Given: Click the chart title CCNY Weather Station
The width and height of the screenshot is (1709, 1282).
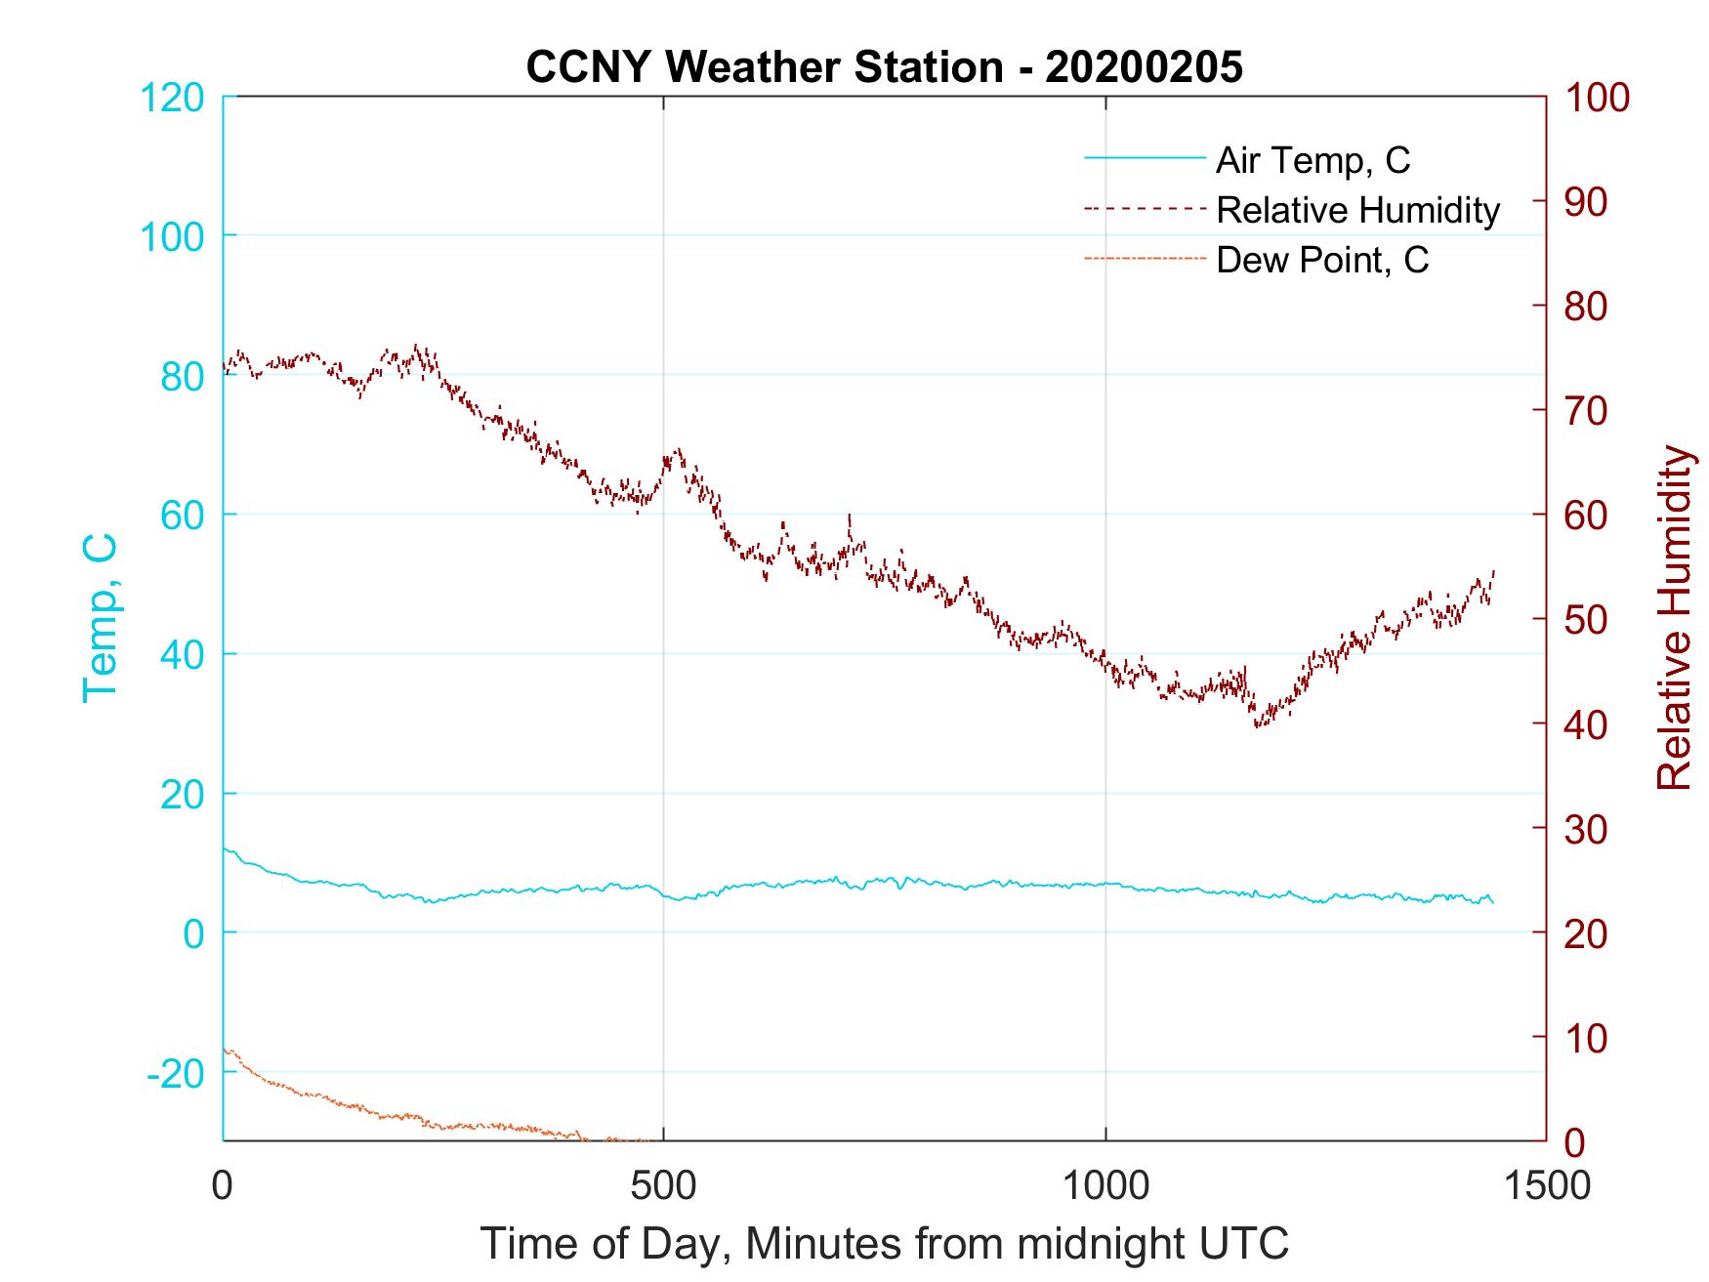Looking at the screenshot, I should (x=884, y=67).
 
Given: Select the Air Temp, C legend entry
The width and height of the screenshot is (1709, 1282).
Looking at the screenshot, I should (x=1312, y=160).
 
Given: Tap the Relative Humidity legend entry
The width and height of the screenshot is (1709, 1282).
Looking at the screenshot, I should (x=1356, y=210).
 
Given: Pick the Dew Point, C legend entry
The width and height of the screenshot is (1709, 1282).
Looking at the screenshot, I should (x=1321, y=261).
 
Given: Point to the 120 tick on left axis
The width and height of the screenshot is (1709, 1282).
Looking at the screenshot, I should (x=173, y=98).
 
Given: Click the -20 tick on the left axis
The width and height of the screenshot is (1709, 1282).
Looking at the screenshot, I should (x=176, y=1073).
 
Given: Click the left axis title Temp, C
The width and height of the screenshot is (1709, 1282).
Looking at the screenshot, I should (x=100, y=617).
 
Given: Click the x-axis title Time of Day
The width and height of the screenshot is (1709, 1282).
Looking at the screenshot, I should (x=884, y=1244).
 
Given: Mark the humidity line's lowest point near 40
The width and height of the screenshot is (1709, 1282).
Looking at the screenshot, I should (x=1258, y=724).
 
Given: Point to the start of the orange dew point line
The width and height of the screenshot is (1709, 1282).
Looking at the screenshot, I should (x=225, y=1050).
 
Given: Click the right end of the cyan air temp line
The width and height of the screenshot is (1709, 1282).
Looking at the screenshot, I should (x=1492, y=900).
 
